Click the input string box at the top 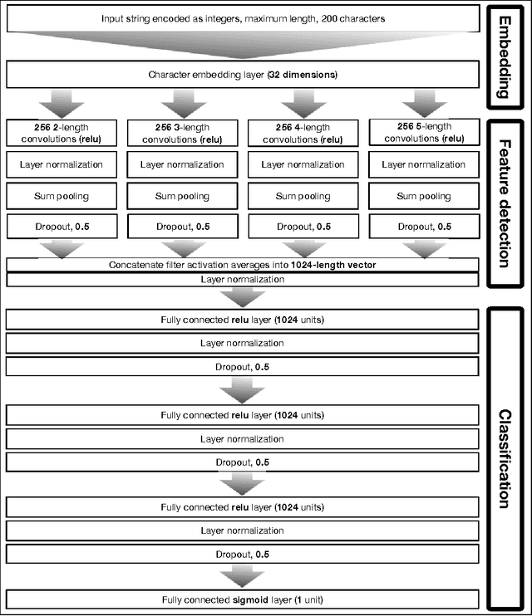point(242,17)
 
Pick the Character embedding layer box point(242,76)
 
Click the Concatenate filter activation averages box point(242,265)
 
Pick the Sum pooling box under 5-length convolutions point(423,197)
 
